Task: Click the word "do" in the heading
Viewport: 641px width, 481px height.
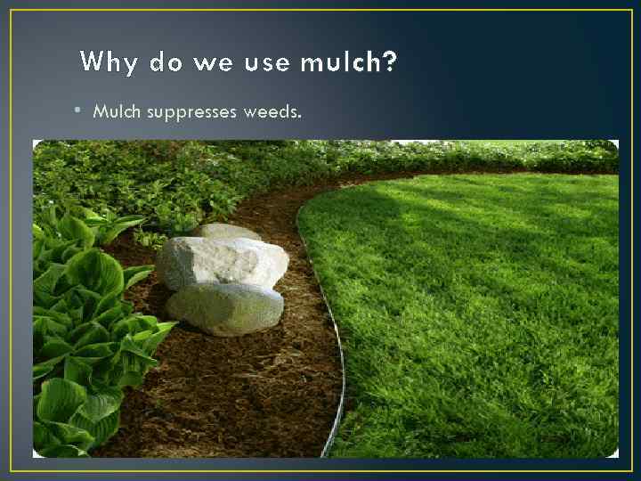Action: tap(166, 62)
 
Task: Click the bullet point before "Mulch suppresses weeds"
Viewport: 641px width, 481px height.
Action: tap(78, 111)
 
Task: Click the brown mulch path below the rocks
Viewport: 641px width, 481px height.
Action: tap(240, 392)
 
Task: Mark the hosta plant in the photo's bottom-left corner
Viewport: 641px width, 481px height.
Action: tap(67, 419)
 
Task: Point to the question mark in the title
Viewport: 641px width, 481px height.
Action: tap(391, 62)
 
